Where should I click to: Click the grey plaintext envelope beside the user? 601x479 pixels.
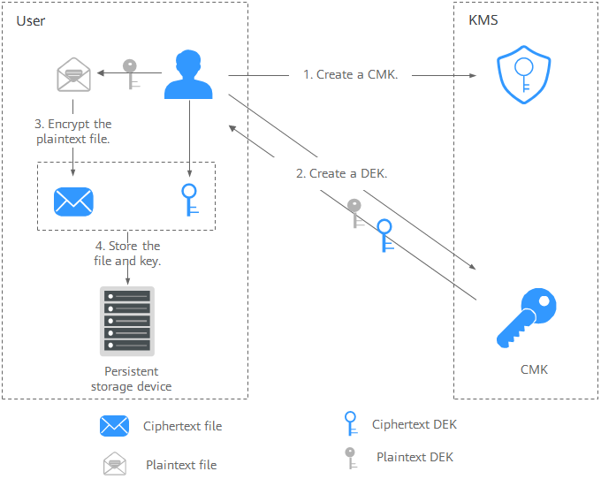(73, 76)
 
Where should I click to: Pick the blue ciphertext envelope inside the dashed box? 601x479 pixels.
(72, 201)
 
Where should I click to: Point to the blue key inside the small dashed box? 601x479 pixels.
(188, 200)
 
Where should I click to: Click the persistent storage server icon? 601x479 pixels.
(126, 322)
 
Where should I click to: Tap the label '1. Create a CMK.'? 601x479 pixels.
(351, 75)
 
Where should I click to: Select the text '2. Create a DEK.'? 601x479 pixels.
(342, 174)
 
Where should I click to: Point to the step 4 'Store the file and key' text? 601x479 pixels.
(127, 254)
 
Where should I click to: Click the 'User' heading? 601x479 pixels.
(31, 20)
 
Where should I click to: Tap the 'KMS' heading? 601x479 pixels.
(483, 20)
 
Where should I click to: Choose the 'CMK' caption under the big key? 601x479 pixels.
(534, 369)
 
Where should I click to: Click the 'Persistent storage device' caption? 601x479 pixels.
(138, 379)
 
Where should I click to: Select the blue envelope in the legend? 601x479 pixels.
(115, 426)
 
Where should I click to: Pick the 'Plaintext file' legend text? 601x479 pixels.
(181, 465)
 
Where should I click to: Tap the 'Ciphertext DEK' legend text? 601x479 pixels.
(415, 425)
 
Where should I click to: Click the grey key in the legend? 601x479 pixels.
(351, 458)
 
